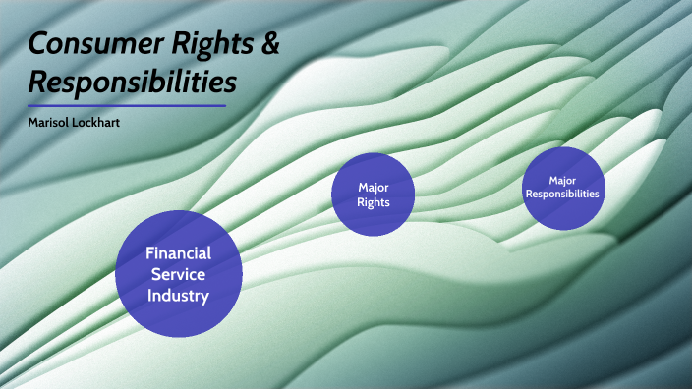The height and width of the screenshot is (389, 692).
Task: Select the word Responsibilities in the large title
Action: (x=132, y=81)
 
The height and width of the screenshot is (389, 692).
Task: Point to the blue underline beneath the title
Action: (x=127, y=105)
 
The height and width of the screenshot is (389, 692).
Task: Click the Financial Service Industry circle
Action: (x=178, y=273)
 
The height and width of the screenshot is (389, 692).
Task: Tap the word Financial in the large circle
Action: (x=178, y=252)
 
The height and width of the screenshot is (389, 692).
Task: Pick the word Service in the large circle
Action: (x=178, y=274)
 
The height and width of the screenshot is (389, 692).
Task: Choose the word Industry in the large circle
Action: (x=178, y=295)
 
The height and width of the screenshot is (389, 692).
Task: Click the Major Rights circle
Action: (x=374, y=194)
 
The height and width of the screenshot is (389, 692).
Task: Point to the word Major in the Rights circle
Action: (x=374, y=187)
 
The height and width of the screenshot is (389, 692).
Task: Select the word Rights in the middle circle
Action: (x=374, y=202)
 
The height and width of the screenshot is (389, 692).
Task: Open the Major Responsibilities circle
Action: (x=562, y=188)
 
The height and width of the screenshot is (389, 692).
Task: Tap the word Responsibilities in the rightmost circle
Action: (x=562, y=194)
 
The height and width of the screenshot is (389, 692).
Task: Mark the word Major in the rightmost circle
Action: (x=562, y=181)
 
